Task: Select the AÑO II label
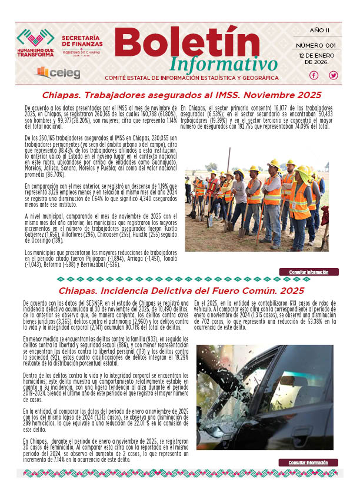(319, 31)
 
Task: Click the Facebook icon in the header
(314, 75)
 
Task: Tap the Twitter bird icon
(334, 75)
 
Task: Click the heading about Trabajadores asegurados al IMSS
(181, 95)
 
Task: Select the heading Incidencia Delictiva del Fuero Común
(181, 291)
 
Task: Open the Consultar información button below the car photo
(313, 463)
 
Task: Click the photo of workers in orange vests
(256, 199)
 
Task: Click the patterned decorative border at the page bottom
(181, 473)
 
